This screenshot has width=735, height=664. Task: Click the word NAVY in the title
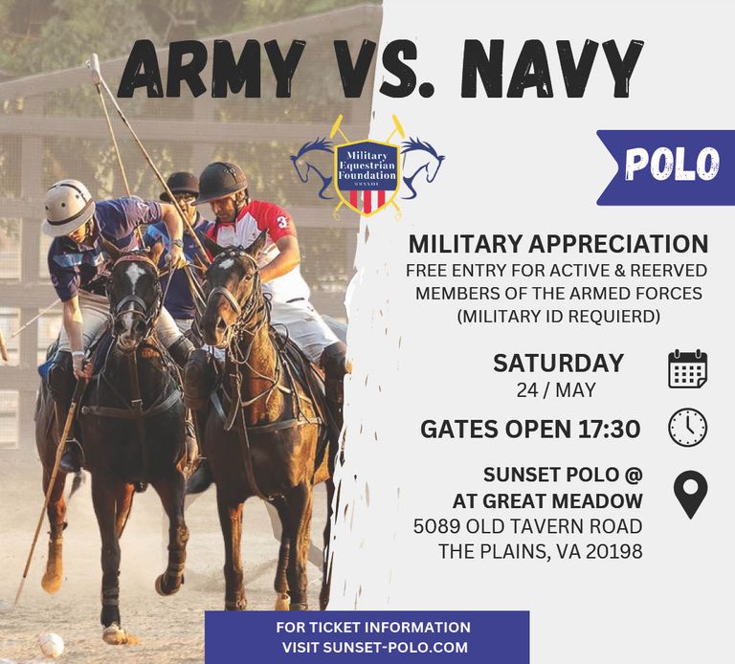[551, 68]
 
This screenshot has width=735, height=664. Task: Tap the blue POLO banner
[666, 167]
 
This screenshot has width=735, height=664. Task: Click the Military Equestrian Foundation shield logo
[367, 170]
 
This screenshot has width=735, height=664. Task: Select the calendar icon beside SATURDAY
[687, 368]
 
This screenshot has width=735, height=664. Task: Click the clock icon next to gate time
[687, 428]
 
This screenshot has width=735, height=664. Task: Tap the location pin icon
[690, 495]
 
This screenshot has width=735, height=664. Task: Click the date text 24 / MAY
[556, 389]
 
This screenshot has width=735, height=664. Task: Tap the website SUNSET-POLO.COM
[395, 647]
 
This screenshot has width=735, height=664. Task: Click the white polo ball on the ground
[51, 644]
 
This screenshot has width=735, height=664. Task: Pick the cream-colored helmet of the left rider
[69, 207]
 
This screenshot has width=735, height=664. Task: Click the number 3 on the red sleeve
[282, 221]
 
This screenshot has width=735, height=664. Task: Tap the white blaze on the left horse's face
[134, 274]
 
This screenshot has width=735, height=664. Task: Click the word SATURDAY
[558, 364]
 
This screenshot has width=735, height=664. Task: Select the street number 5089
[436, 526]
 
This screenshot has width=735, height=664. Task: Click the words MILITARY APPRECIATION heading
[558, 244]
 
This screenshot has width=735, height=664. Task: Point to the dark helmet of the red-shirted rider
[220, 182]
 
